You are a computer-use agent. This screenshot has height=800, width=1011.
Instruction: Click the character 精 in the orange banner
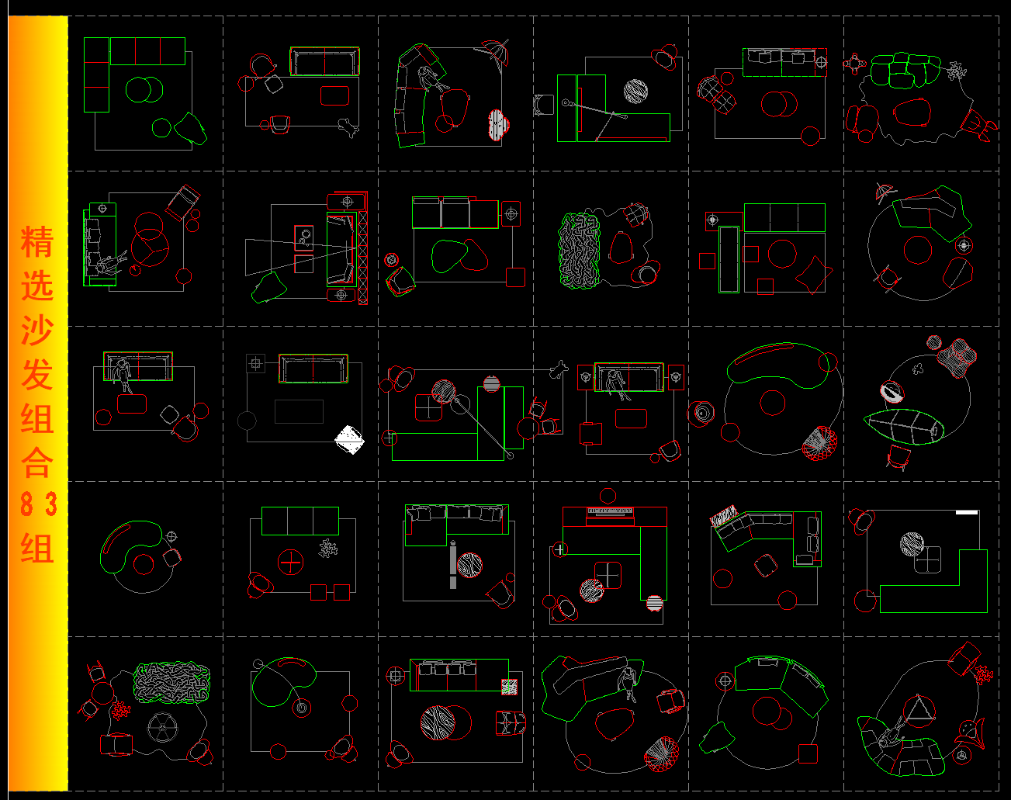click(x=36, y=241)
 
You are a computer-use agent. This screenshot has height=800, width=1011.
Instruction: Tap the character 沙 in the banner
click(x=36, y=330)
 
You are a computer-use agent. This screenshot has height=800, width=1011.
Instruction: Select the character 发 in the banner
click(x=36, y=375)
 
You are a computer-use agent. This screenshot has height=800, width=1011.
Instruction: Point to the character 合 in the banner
click(x=36, y=462)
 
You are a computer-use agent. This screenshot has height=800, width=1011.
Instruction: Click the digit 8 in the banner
click(x=27, y=504)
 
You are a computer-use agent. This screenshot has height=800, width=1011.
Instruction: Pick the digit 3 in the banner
click(x=50, y=504)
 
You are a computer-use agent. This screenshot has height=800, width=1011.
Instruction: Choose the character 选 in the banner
click(x=36, y=286)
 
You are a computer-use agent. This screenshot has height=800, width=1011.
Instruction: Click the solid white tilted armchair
click(x=349, y=440)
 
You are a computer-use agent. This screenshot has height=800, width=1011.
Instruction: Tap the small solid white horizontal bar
click(x=966, y=512)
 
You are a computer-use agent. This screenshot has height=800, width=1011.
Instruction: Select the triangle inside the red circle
click(x=919, y=708)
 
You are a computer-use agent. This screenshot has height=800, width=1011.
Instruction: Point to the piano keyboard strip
click(x=609, y=511)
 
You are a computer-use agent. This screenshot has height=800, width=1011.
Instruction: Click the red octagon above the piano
click(x=608, y=496)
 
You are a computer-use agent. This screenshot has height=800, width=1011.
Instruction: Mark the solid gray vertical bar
click(x=453, y=565)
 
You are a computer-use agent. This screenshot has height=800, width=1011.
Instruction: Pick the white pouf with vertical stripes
click(x=498, y=126)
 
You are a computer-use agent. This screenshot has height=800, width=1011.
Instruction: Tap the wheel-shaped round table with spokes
click(x=162, y=728)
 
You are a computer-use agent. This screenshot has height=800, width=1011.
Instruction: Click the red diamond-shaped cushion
click(x=814, y=275)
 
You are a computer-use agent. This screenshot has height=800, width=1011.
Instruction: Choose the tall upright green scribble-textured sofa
click(x=580, y=251)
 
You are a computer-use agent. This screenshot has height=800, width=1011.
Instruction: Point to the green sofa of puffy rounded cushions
click(x=905, y=71)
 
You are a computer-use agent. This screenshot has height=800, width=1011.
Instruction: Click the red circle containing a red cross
click(x=290, y=562)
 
